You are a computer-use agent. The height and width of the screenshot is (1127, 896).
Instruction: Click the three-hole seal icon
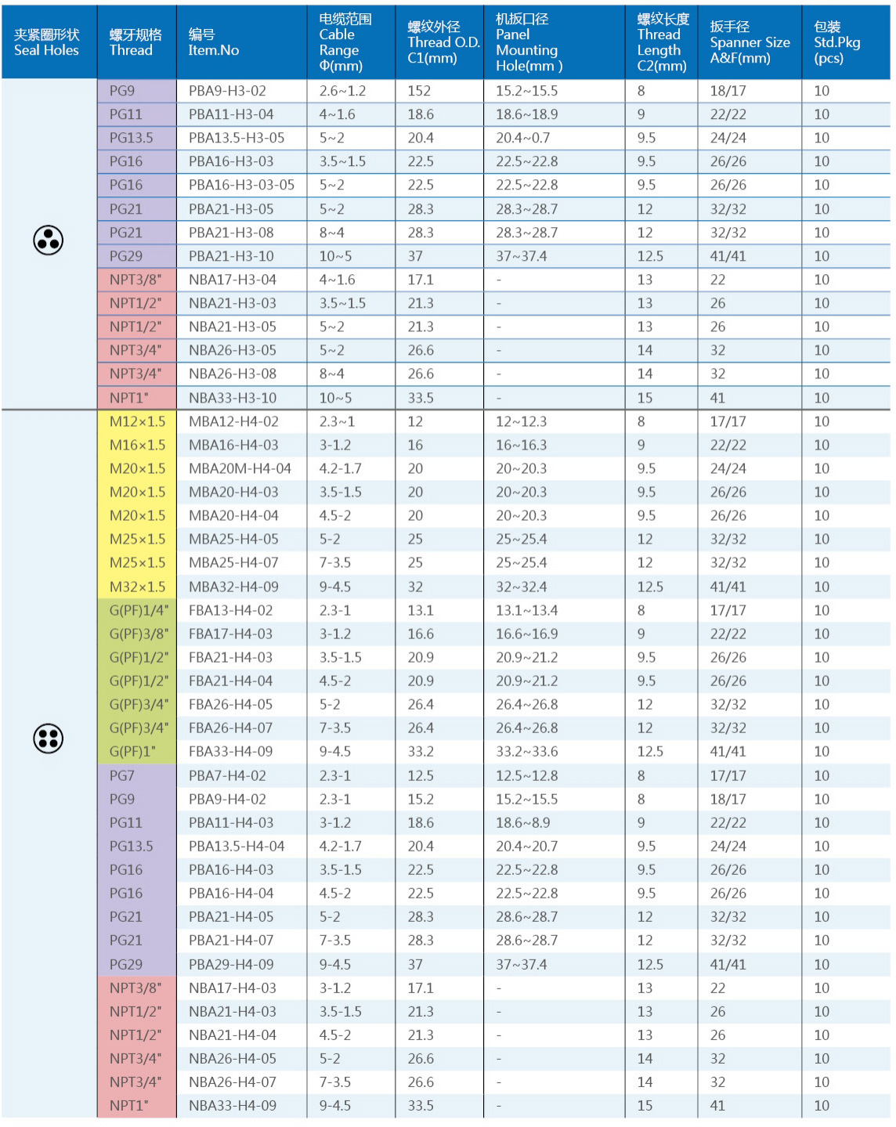click(x=48, y=240)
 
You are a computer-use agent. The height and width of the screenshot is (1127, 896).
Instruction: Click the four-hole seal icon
click(x=48, y=739)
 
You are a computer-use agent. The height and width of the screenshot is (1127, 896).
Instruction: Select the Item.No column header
click(x=213, y=42)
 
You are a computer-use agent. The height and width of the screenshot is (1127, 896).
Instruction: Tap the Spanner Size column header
click(x=749, y=42)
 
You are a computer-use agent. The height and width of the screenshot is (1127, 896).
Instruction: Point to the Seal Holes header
click(x=46, y=42)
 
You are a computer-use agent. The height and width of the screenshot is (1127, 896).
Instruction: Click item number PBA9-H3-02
click(x=227, y=91)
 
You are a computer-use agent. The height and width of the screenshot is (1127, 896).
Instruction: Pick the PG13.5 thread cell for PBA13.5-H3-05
click(x=131, y=138)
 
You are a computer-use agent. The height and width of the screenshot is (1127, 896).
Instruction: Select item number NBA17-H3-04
click(x=232, y=280)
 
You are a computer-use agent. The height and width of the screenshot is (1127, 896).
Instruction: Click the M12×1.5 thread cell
click(x=137, y=421)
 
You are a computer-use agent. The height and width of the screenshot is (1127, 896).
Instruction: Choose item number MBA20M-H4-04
click(x=240, y=468)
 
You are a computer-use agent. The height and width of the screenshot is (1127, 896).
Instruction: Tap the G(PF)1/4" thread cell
click(x=139, y=610)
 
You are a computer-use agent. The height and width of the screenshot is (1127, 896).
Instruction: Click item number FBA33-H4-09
click(x=230, y=751)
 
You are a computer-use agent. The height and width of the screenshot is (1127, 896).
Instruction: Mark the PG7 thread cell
click(x=121, y=775)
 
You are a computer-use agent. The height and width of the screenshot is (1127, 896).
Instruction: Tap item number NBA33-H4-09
click(x=232, y=1105)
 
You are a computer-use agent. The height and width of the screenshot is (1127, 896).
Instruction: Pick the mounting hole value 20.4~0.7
click(x=522, y=138)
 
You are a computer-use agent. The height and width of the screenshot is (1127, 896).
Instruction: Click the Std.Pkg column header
click(x=836, y=42)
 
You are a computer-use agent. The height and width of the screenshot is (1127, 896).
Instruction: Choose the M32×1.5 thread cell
click(x=137, y=587)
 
